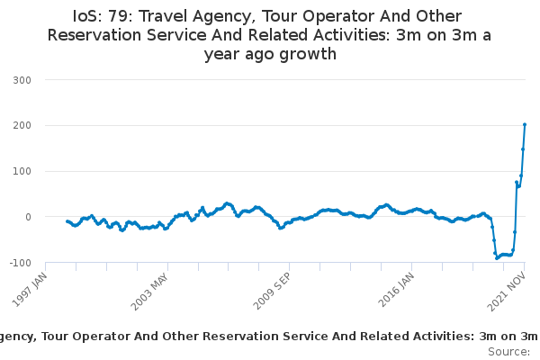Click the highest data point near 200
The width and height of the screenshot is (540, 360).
(525, 125)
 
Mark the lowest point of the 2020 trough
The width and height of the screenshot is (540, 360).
(497, 258)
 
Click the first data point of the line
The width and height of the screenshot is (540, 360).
(67, 220)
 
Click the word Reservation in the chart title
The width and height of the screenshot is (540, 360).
(99, 35)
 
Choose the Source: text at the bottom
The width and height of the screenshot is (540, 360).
(509, 351)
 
